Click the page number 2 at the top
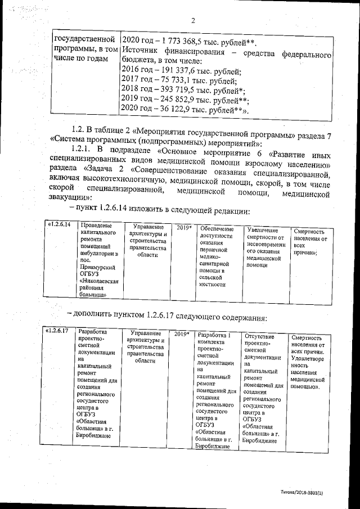pyautogui.click(x=192, y=21)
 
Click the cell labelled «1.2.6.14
pyautogui.click(x=59, y=225)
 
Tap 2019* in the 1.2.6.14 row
pyautogui.click(x=183, y=228)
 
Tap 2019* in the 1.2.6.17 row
pyautogui.click(x=182, y=334)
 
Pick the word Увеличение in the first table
pyautogui.click(x=263, y=230)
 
